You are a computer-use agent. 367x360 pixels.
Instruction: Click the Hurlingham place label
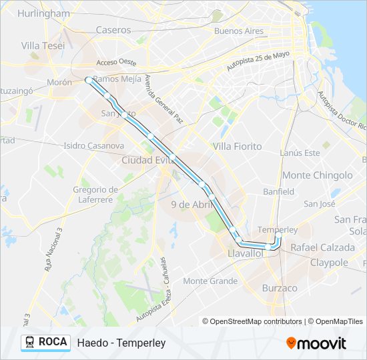[x=43, y=13]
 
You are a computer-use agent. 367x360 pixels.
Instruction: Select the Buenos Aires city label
[x=239, y=31]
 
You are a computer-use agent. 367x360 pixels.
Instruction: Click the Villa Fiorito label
[x=237, y=146]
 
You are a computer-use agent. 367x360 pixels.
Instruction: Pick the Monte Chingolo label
[x=318, y=175]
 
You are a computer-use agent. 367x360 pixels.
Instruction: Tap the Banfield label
[x=278, y=191]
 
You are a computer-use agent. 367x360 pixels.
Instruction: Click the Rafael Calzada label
[x=322, y=247]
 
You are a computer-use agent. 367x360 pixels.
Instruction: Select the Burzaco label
[x=280, y=288]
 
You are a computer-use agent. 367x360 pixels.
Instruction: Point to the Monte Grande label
[x=210, y=281]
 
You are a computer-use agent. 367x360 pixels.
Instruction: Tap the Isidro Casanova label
[x=93, y=145]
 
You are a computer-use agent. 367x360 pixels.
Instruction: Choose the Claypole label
[x=329, y=263]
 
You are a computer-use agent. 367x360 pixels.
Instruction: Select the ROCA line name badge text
[x=53, y=342]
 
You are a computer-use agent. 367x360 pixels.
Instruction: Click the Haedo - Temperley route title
[x=121, y=343]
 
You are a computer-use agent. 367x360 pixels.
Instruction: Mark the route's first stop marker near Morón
[x=88, y=80]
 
